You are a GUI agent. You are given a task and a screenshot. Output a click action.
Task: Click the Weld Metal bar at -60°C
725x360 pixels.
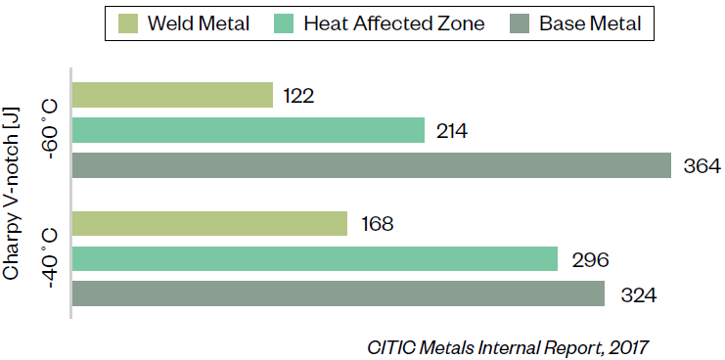172,95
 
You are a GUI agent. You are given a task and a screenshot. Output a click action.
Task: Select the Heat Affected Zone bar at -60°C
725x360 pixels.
249,130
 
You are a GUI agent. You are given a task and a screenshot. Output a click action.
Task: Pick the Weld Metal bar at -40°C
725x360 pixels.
210,224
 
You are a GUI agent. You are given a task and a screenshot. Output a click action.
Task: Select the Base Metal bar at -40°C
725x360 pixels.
339,294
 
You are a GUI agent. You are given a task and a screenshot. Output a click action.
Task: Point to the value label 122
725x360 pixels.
297,95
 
